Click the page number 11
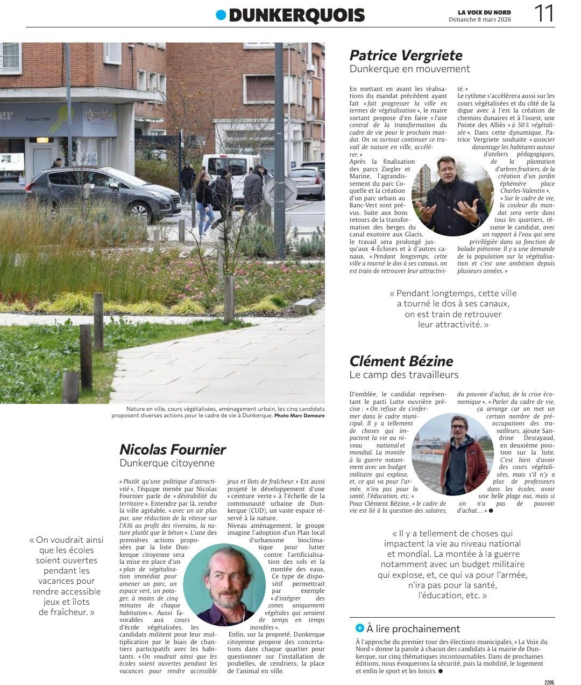[x=544, y=13]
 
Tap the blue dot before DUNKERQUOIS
[x=221, y=15]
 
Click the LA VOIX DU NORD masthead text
[x=484, y=12]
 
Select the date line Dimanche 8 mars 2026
[x=480, y=20]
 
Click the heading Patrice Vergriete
[x=406, y=55]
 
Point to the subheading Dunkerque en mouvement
[x=409, y=69]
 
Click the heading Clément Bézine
[x=401, y=361]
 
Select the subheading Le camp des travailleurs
[x=403, y=375]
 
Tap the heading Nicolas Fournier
[x=172, y=450]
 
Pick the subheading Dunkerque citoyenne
[x=167, y=463]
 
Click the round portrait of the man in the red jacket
[x=452, y=455]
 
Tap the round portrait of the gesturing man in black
[x=452, y=196]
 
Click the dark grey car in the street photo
[x=102, y=193]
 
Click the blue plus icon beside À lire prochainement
[x=360, y=628]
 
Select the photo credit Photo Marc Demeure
[x=299, y=416]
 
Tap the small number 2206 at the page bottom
[x=549, y=682]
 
